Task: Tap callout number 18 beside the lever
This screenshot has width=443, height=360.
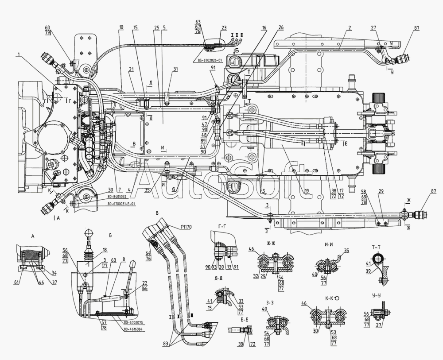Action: point(105,250)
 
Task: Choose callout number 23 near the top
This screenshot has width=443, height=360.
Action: point(224,27)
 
